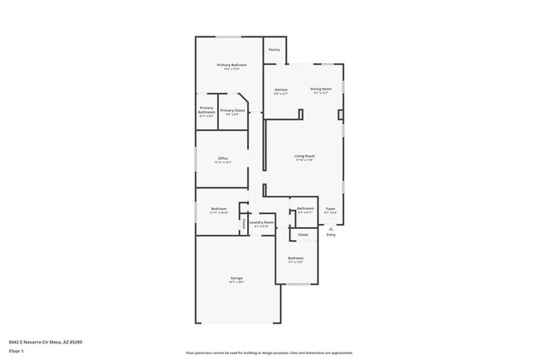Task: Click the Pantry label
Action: [x=274, y=50]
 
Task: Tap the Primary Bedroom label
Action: [x=232, y=65]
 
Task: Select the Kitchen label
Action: [x=281, y=90]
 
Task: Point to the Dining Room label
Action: [x=322, y=89]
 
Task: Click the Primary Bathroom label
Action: [x=206, y=110]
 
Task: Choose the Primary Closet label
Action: [x=232, y=110]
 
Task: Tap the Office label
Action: [x=223, y=158]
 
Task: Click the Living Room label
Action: [x=304, y=156]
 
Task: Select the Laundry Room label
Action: [x=261, y=222]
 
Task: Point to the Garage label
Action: [x=236, y=278]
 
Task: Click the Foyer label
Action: [x=330, y=209]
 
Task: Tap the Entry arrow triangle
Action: [x=331, y=227]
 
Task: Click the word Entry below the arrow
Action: [x=331, y=235]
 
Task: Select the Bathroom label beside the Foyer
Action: [x=305, y=208]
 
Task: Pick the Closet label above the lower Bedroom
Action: [x=303, y=235]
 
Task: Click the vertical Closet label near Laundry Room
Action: [x=244, y=223]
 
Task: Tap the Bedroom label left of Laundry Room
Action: [x=219, y=209]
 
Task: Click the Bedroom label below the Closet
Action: [x=296, y=258]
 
